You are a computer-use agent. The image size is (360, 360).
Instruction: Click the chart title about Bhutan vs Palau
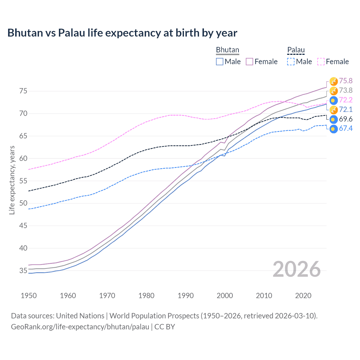point(122,33)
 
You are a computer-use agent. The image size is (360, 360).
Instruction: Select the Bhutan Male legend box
point(220,62)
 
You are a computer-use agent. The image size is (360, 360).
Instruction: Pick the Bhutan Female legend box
point(249,62)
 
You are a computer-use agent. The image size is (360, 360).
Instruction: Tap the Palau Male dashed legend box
point(291,62)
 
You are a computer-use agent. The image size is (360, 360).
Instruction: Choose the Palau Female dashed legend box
point(321,62)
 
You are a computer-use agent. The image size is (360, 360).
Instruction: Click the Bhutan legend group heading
point(227,50)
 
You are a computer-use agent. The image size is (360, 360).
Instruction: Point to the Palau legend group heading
point(296,50)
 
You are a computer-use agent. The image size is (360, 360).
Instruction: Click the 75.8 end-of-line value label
point(346,81)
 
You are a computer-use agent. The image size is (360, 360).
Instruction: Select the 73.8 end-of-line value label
point(346,91)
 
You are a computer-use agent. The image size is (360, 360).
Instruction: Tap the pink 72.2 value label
point(346,100)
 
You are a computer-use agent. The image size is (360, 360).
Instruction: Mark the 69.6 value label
point(346,119)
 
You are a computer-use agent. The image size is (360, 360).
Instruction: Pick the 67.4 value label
point(346,129)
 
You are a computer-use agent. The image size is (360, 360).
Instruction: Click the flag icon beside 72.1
point(333,110)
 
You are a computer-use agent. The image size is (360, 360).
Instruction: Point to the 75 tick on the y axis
point(23,91)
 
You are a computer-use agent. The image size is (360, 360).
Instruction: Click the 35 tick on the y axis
point(23,271)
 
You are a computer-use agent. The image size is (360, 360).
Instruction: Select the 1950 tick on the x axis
point(29,296)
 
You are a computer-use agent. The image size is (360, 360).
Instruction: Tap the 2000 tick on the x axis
point(225,296)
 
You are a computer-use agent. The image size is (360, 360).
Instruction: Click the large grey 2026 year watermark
point(296,269)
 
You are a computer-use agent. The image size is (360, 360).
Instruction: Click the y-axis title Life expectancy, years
point(12,180)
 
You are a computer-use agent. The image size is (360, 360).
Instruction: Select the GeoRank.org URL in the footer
point(80,327)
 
